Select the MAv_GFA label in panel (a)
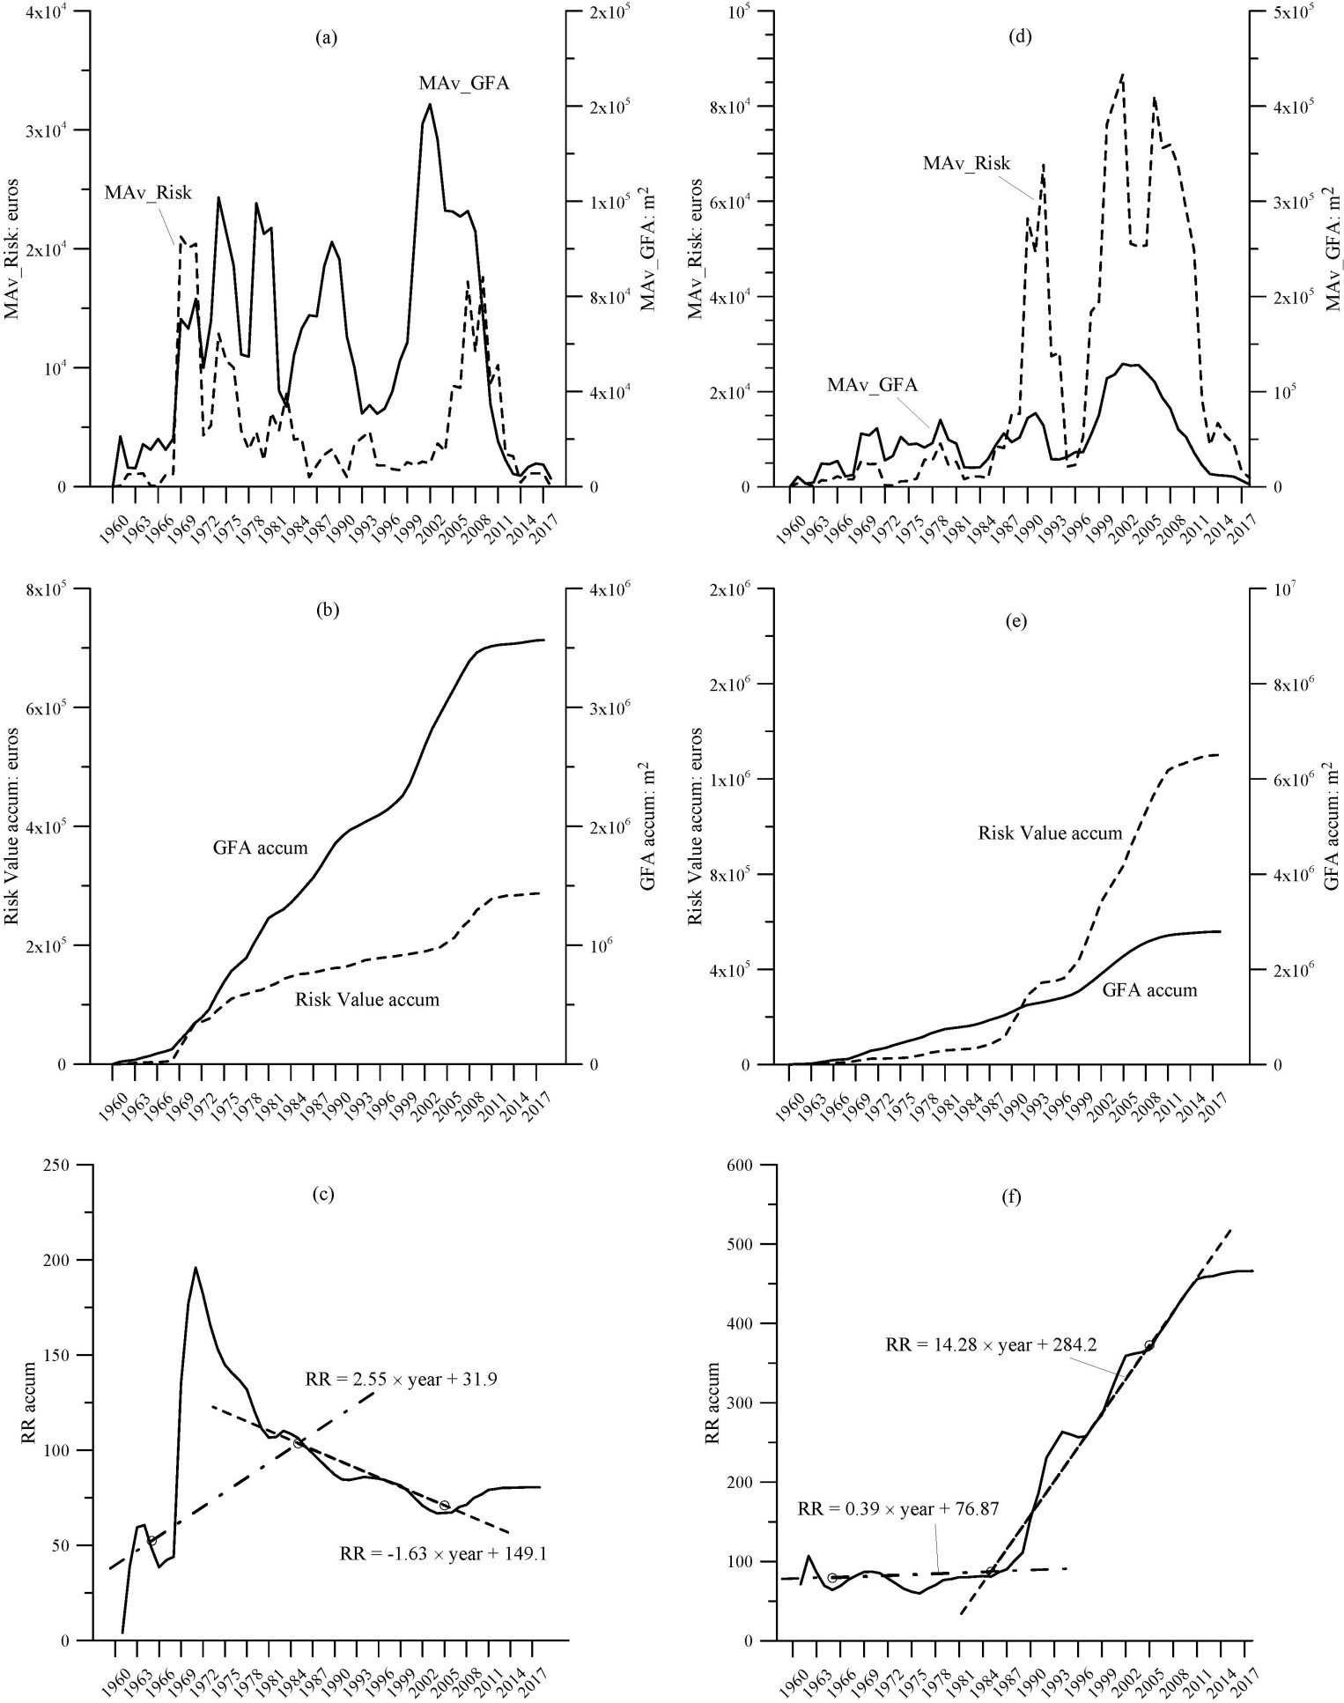tap(464, 85)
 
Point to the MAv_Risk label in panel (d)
tap(966, 163)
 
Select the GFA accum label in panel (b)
tap(261, 848)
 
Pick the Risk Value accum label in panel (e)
tap(1050, 833)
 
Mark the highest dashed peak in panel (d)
tap(1122, 75)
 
